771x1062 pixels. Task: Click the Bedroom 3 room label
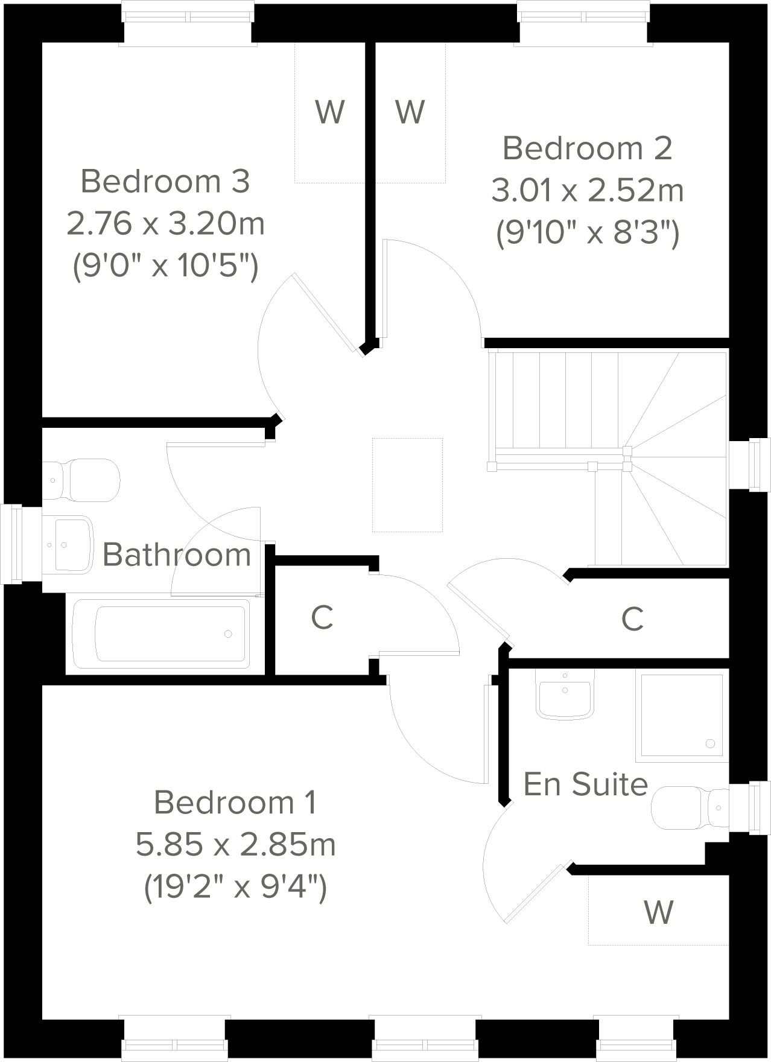[x=165, y=181]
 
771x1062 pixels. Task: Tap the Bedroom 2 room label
[x=587, y=148]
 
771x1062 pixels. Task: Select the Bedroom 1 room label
[x=235, y=803]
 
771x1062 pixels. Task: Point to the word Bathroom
[x=176, y=555]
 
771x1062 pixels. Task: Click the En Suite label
[x=585, y=784]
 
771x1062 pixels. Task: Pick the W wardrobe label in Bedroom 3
[x=330, y=112]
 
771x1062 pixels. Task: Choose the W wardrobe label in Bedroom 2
[x=410, y=112]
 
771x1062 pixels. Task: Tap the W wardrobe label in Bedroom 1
[x=658, y=912]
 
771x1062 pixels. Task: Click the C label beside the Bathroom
[x=322, y=617]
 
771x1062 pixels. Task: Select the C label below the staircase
[x=632, y=619]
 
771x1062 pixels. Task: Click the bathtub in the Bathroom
[x=160, y=634]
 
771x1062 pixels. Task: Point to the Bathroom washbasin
[x=69, y=544]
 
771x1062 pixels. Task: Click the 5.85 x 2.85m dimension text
[x=235, y=845]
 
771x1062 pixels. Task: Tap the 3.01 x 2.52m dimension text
[x=587, y=191]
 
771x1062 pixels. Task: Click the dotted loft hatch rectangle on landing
[x=408, y=485]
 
